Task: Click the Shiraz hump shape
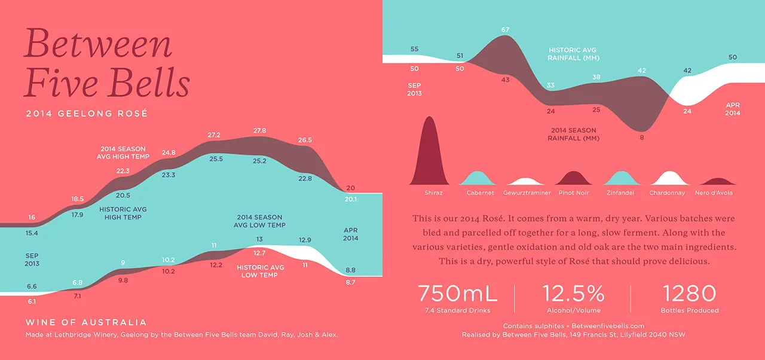point(429,154)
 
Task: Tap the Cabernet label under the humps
point(480,193)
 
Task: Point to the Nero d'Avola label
point(714,193)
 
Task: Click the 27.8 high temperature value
point(259,130)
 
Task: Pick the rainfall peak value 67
point(505,30)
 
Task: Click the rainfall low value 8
point(642,138)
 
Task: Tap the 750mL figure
point(458,294)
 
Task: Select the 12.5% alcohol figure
point(573,294)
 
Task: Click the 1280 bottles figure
point(689,294)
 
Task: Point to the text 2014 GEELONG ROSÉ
point(87,113)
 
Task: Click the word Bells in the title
point(150,83)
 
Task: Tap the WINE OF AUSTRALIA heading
point(86,322)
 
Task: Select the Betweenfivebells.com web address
point(608,326)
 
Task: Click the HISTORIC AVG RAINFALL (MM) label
point(573,54)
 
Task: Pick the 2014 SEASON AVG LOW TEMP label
point(259,221)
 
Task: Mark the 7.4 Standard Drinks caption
point(458,310)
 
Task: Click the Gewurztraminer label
point(527,193)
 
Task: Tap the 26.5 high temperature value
point(305,140)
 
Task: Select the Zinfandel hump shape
point(621,179)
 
